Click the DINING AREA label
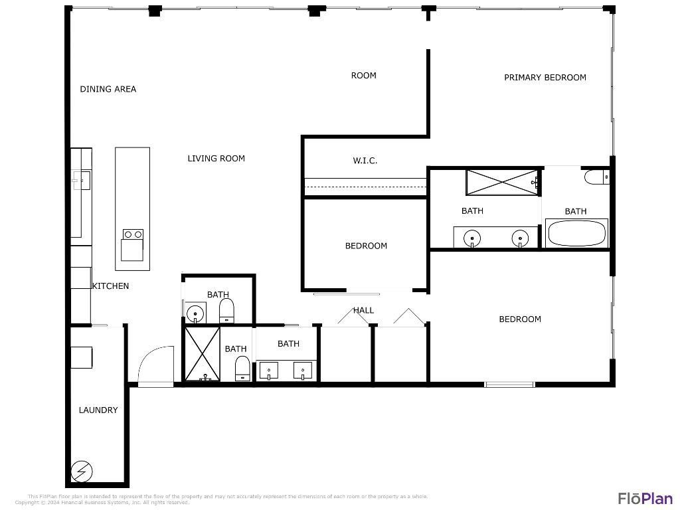pos(108,89)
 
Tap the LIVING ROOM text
pos(216,158)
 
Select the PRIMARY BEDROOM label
pos(545,77)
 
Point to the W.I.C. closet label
pos(365,160)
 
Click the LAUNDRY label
pos(98,410)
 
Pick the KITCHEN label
pos(110,286)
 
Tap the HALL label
pos(363,310)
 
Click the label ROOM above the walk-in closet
pos(363,75)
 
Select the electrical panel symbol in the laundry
pos(82,472)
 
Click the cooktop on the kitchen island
pos(133,234)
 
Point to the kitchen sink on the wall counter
pos(80,179)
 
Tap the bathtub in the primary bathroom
pos(576,234)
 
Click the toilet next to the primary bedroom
pos(595,177)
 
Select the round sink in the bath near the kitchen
pos(195,313)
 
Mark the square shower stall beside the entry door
pos(203,354)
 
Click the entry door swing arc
pos(156,365)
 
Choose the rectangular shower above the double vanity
pos(501,182)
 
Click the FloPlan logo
pos(645,498)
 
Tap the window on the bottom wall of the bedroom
pos(509,384)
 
